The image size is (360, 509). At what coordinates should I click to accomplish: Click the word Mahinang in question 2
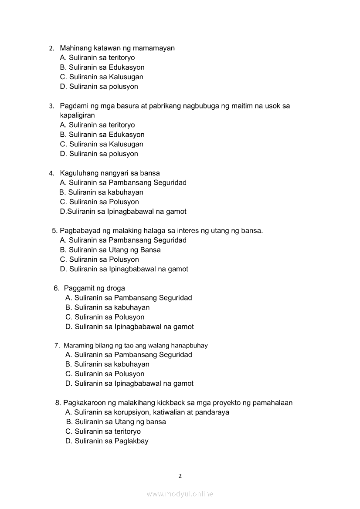[75, 48]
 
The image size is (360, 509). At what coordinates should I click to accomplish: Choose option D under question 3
[99, 154]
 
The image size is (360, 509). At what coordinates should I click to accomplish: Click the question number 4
[51, 173]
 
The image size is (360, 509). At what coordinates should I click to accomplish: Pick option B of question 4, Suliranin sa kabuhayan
[101, 192]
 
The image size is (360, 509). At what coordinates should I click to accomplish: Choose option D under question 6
[129, 327]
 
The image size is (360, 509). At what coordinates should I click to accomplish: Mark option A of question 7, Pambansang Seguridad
[129, 355]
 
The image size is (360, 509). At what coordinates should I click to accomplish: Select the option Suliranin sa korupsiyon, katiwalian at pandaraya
[147, 412]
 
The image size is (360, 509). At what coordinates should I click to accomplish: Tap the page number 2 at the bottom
[180, 476]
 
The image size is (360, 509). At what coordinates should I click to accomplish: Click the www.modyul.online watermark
[180, 494]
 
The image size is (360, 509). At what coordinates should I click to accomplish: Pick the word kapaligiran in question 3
[78, 115]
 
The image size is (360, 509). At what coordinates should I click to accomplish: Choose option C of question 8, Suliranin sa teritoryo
[103, 431]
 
